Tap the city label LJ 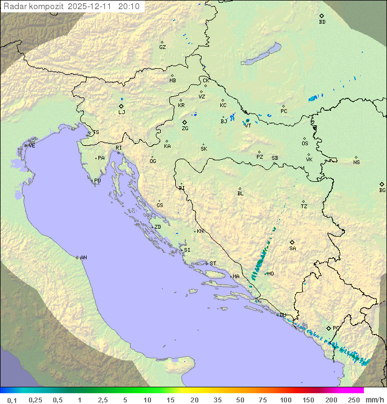[x=121, y=112]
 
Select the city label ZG [x=185, y=129]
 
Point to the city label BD [x=322, y=22]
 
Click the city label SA [x=292, y=248]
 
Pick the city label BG [x=382, y=190]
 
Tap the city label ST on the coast [x=213, y=263]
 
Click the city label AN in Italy [x=83, y=258]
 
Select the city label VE [x=32, y=146]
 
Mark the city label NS [x=356, y=162]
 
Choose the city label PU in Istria [x=97, y=181]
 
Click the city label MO [x=270, y=273]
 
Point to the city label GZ [x=162, y=47]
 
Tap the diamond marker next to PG [x=329, y=328]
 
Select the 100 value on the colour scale [x=285, y=400]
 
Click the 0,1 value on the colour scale [x=12, y=400]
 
